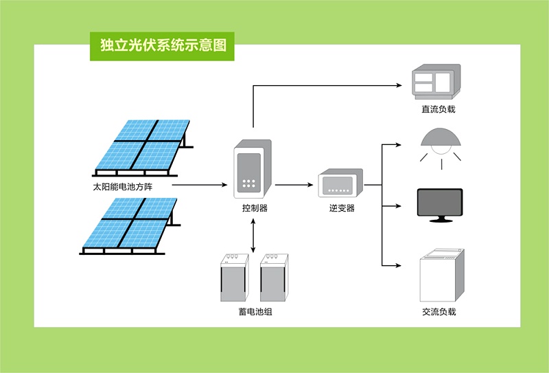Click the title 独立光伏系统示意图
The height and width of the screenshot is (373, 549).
[x=163, y=46]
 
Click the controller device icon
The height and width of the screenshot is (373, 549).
[x=252, y=168]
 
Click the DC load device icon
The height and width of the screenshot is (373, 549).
[x=436, y=82]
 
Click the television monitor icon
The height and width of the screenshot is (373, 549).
[x=440, y=205]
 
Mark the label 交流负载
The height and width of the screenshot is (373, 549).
[x=439, y=312]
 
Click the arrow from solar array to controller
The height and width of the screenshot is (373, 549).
[x=199, y=185]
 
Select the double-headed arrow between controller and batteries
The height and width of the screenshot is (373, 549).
[x=255, y=235]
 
